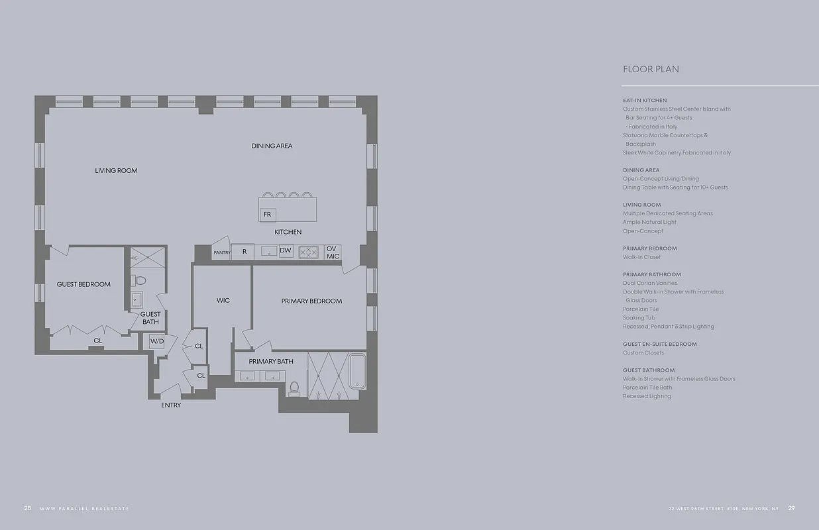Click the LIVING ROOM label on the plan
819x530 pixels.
[x=116, y=171]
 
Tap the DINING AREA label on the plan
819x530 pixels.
[x=272, y=146]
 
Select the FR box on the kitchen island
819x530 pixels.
[x=268, y=215]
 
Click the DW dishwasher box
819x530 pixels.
[x=286, y=250]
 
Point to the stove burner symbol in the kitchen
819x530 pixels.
[x=308, y=252]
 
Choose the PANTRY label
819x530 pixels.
[x=221, y=252]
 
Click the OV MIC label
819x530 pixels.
[x=333, y=252]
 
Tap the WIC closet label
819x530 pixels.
[x=223, y=301]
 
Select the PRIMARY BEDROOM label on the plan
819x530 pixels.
[x=311, y=301]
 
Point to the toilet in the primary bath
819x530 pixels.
[x=294, y=388]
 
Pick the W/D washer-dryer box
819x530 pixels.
[x=157, y=342]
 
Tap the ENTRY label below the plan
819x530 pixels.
[x=171, y=405]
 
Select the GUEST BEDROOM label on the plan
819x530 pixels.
[x=83, y=285]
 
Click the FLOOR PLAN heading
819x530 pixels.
[x=651, y=70]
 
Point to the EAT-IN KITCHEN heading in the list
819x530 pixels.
[x=645, y=101]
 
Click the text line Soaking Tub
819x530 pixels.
[x=639, y=318]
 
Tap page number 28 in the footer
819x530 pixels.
[x=27, y=508]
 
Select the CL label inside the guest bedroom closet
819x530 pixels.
[x=98, y=341]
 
